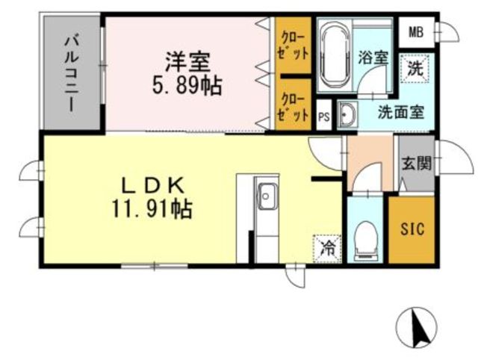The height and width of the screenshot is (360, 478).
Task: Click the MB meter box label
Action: [x=416, y=31]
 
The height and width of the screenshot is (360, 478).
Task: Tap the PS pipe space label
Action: [x=323, y=117]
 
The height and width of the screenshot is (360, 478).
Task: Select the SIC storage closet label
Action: [x=412, y=229]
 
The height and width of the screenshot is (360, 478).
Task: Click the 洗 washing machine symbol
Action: [x=415, y=68]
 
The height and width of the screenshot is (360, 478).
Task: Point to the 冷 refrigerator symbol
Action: [x=327, y=248]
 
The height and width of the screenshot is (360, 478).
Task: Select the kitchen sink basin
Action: [x=266, y=196]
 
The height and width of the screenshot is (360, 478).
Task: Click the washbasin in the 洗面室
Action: [x=347, y=114]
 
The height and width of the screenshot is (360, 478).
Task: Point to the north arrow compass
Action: [x=418, y=328]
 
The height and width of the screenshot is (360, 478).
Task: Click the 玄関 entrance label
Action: [x=417, y=164]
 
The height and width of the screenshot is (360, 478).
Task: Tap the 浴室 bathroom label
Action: [x=373, y=58]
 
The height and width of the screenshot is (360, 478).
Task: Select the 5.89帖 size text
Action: [x=187, y=86]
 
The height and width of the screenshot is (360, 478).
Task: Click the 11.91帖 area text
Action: [x=152, y=209]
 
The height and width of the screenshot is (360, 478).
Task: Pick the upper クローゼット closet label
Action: [x=294, y=46]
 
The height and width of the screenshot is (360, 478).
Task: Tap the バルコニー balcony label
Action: [x=72, y=73]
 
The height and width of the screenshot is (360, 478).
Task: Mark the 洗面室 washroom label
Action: [x=400, y=112]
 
